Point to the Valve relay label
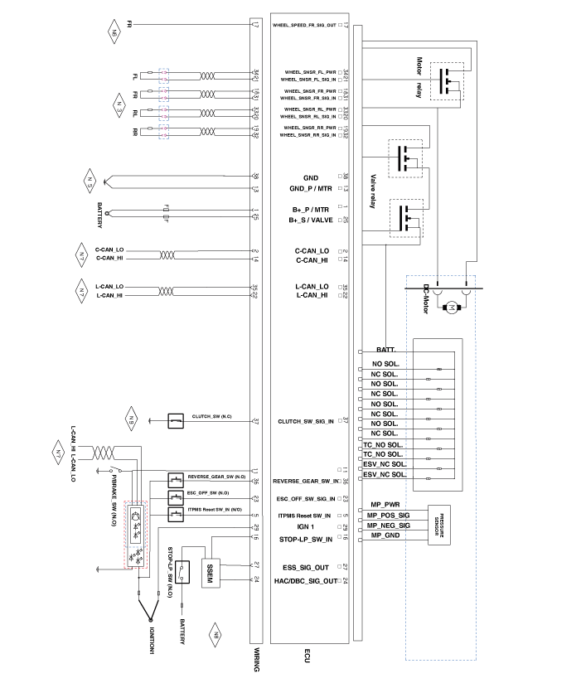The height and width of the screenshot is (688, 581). pos(375,190)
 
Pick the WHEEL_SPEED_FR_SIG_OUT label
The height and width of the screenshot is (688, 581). pos(305,25)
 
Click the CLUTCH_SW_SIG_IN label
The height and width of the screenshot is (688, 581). pos(306,422)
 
